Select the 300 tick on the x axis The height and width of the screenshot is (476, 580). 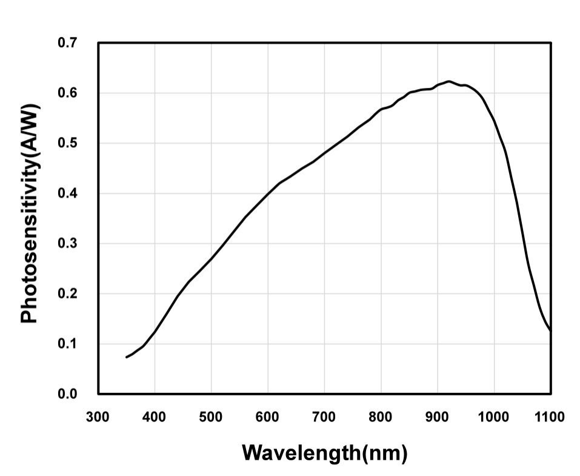[98, 417]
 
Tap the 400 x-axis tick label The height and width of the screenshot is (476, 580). [155, 417]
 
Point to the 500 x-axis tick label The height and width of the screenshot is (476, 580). [212, 417]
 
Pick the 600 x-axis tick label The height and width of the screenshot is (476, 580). [268, 417]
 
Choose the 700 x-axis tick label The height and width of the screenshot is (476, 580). [324, 417]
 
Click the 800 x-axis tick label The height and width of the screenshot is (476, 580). [381, 417]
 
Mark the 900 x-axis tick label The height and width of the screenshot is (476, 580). [438, 417]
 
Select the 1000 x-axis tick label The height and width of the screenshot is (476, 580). [494, 417]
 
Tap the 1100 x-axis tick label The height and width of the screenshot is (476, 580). [550, 417]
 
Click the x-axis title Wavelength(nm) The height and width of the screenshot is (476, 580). [324, 453]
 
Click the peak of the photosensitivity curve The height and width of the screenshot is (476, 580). [448, 81]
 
